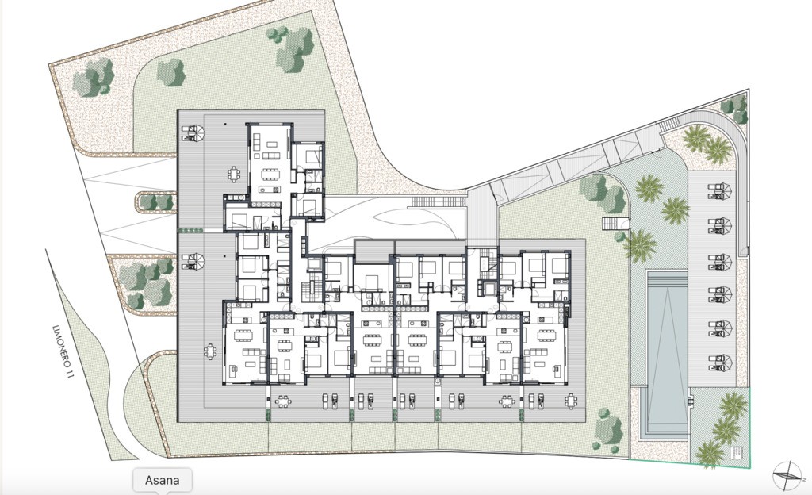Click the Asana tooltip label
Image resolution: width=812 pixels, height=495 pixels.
pyautogui.click(x=163, y=480)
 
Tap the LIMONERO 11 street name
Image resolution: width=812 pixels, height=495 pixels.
pyautogui.click(x=62, y=353)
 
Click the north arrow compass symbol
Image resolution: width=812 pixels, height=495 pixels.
pyautogui.click(x=787, y=475)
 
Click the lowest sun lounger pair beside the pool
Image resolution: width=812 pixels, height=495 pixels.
pyautogui.click(x=720, y=363)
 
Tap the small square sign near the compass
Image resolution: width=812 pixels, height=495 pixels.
pyautogui.click(x=735, y=452)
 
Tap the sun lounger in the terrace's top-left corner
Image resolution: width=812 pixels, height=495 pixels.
pyautogui.click(x=193, y=133)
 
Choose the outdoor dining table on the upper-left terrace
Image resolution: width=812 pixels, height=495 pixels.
pyautogui.click(x=235, y=173)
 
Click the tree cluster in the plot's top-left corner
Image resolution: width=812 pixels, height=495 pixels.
pyautogui.click(x=94, y=77)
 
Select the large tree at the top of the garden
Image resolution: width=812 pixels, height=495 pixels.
pyautogui.click(x=292, y=48)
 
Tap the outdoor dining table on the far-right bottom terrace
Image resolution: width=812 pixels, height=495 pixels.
pyautogui.click(x=571, y=401)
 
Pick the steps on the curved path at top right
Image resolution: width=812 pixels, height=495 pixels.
pyautogui.click(x=668, y=125)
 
